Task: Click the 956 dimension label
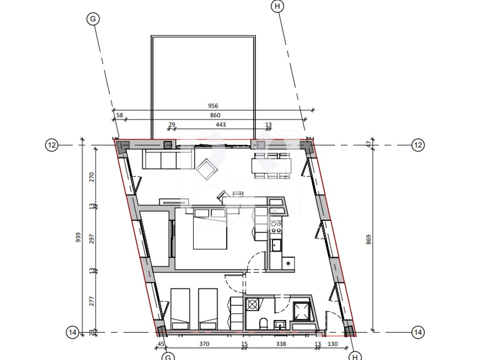[213, 106]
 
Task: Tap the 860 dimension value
[215, 115]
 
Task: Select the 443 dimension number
[221, 125]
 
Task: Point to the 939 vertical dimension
[78, 238]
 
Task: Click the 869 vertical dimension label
[368, 240]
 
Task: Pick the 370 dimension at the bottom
[204, 344]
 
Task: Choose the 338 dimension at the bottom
[281, 344]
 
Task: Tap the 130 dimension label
[332, 344]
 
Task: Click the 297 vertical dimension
[91, 239]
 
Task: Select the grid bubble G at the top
[93, 19]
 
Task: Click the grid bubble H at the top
[277, 6]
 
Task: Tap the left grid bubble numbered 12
[52, 145]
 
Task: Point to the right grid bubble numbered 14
[418, 332]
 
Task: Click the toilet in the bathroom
[263, 323]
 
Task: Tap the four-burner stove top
[276, 227]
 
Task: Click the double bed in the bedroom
[210, 228]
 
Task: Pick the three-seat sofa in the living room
[168, 158]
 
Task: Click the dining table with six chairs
[271, 165]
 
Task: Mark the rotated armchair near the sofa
[207, 169]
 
